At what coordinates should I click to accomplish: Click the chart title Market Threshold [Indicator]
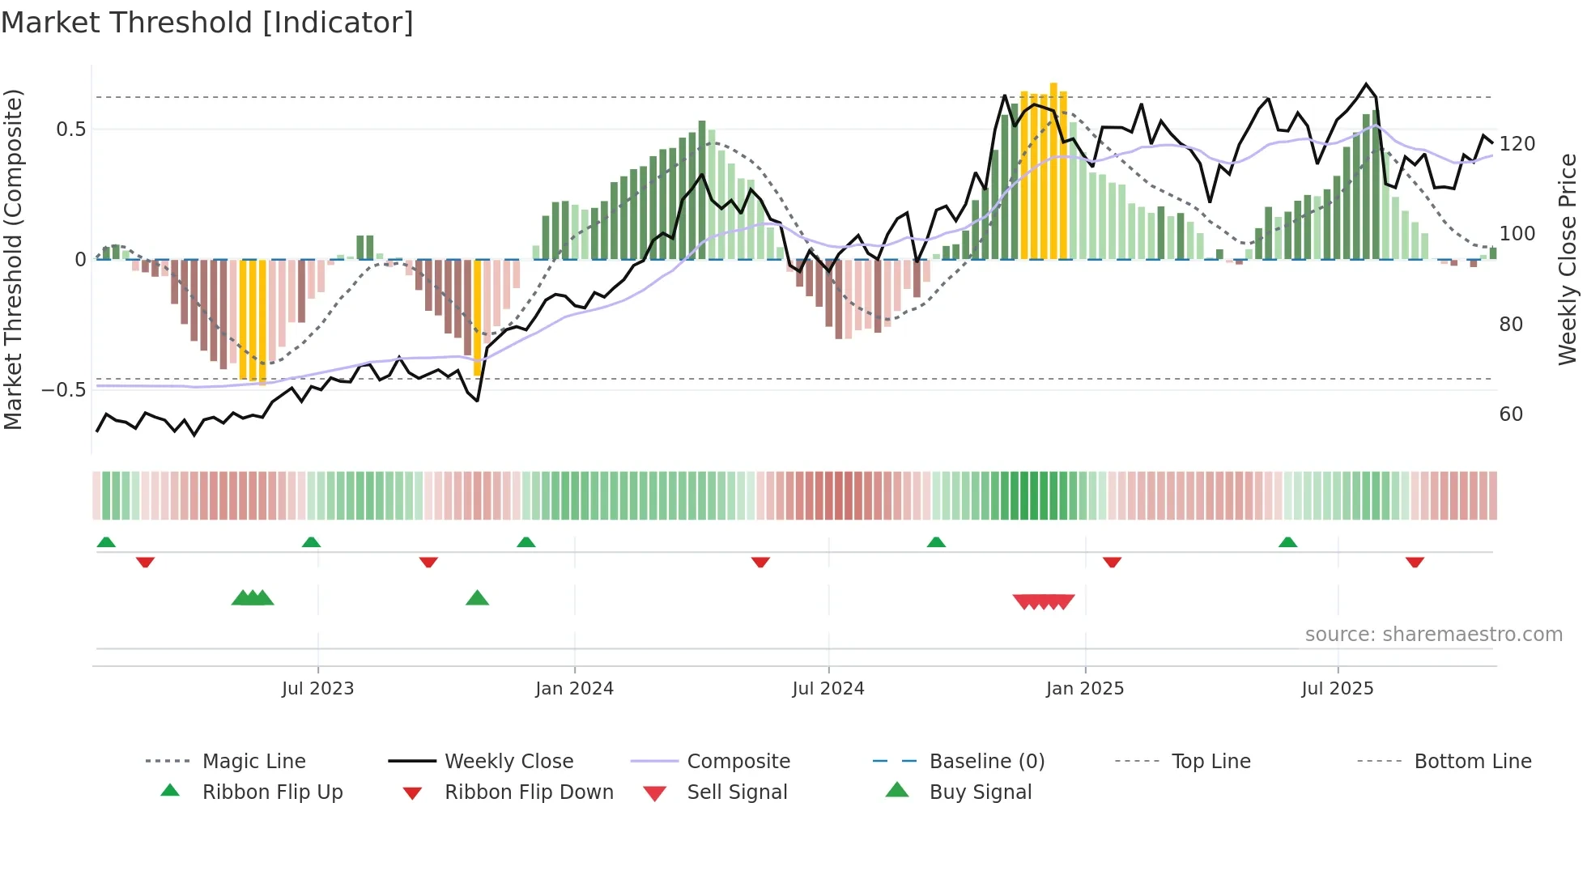click(207, 23)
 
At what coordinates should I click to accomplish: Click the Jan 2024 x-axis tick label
click(574, 689)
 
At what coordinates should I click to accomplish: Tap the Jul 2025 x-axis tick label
click(1338, 689)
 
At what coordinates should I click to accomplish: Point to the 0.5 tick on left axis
click(71, 130)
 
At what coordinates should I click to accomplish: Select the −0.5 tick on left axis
click(64, 390)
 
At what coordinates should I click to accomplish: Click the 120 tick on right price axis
click(1517, 144)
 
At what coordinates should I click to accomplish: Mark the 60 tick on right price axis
click(1511, 414)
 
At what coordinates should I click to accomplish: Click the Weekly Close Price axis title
click(1568, 259)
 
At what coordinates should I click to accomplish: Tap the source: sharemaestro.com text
click(1433, 635)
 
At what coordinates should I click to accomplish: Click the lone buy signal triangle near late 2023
click(478, 598)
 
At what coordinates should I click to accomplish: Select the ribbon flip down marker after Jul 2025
click(1415, 562)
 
